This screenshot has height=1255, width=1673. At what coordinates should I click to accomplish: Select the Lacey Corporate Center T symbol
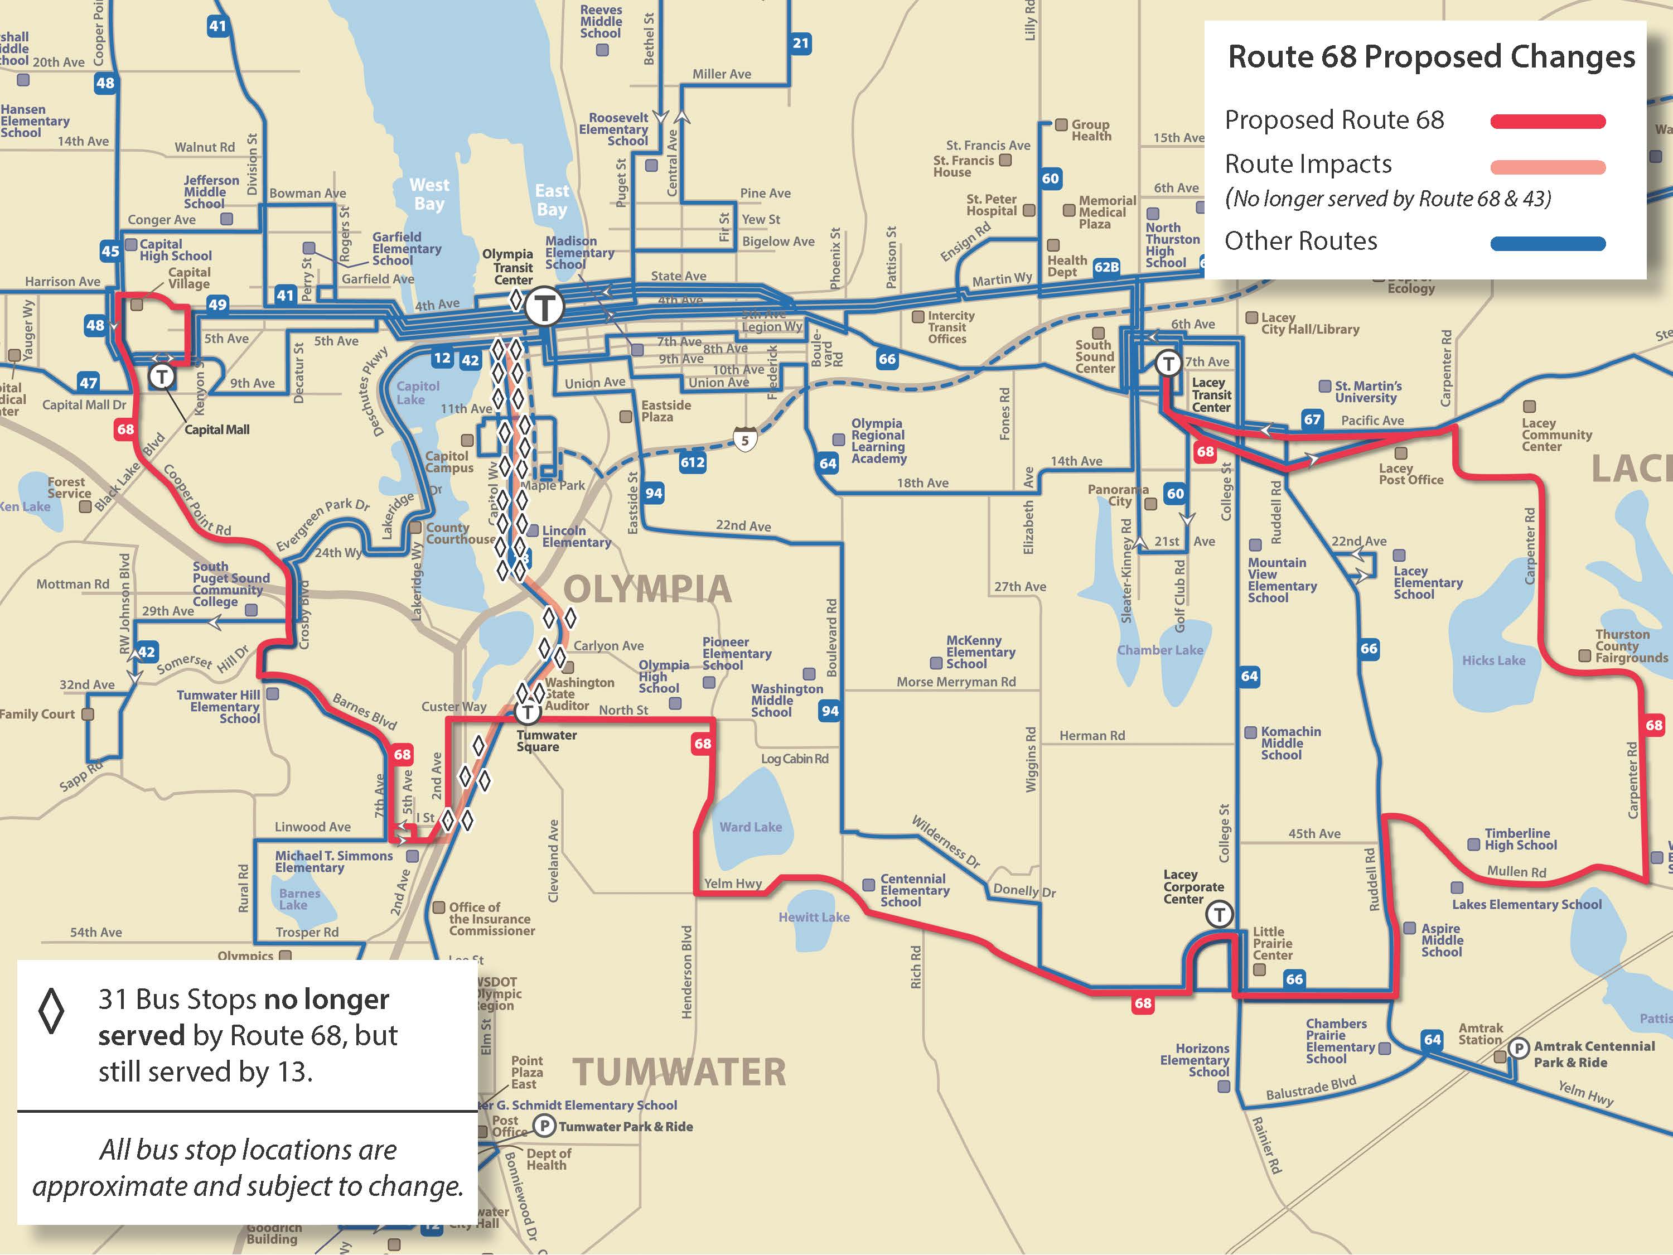pyautogui.click(x=1219, y=914)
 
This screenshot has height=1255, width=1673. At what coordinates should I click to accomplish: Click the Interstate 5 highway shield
pyautogui.click(x=745, y=439)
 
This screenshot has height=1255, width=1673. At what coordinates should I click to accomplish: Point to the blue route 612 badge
pyautogui.click(x=692, y=462)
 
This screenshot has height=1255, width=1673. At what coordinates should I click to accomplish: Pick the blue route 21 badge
pyautogui.click(x=800, y=43)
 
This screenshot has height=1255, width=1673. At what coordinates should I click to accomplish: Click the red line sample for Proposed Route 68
pyautogui.click(x=1548, y=122)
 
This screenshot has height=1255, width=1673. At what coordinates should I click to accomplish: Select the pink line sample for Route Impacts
pyautogui.click(x=1548, y=167)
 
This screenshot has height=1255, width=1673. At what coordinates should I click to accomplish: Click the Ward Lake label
pyautogui.click(x=750, y=827)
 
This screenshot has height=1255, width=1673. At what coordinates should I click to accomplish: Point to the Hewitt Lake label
pyautogui.click(x=814, y=917)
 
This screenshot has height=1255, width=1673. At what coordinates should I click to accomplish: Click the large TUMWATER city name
pyautogui.click(x=679, y=1072)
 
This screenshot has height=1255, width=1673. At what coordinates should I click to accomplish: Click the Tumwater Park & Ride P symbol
pyautogui.click(x=544, y=1126)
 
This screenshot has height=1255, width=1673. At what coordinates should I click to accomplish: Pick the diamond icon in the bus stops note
pyautogui.click(x=51, y=1011)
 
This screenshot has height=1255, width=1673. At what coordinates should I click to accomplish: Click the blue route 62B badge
pyautogui.click(x=1106, y=266)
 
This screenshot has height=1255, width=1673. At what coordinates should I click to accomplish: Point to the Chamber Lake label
pyautogui.click(x=1159, y=650)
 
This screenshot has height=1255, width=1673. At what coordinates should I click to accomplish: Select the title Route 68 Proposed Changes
pyautogui.click(x=1431, y=57)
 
